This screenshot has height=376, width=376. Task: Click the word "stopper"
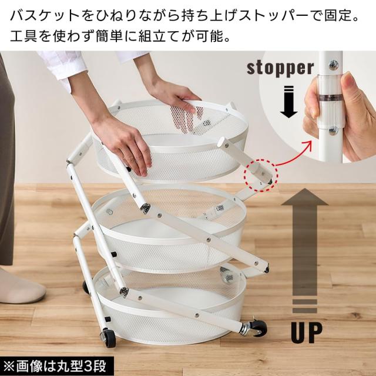(280, 68)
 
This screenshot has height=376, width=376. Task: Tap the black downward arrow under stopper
(288, 102)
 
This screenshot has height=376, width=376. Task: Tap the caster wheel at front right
(257, 328)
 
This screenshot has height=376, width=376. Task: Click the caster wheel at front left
(109, 338)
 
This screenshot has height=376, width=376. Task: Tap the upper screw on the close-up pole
(334, 65)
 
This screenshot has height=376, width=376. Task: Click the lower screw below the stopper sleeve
(333, 130)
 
